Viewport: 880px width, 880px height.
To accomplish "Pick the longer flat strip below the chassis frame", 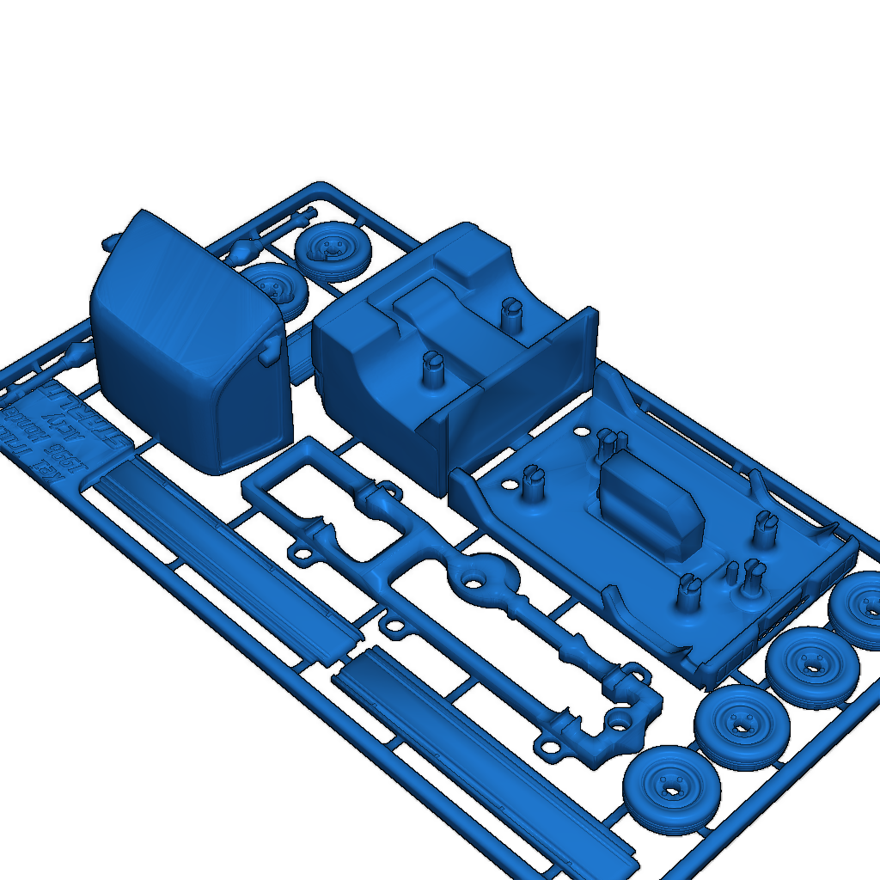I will [481, 756].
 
